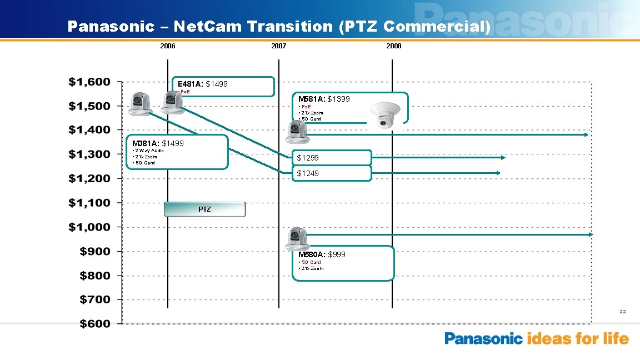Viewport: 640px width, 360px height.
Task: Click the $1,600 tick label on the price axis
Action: pyautogui.click(x=89, y=82)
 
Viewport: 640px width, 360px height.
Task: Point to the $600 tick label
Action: pyautogui.click(x=94, y=324)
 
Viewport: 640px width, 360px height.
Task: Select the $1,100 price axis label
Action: pyautogui.click(x=89, y=203)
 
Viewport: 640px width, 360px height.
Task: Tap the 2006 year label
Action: pyautogui.click(x=167, y=46)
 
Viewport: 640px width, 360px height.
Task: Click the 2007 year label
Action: pyautogui.click(x=278, y=46)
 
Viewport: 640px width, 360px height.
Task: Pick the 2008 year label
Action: pyautogui.click(x=393, y=46)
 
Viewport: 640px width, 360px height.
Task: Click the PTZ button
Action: pyautogui.click(x=204, y=209)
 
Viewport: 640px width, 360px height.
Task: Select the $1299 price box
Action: pyautogui.click(x=332, y=158)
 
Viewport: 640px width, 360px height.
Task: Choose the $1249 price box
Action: pyautogui.click(x=332, y=173)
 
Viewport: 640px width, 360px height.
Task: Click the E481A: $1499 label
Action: pyautogui.click(x=202, y=84)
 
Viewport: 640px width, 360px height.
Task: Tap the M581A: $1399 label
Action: pyautogui.click(x=324, y=99)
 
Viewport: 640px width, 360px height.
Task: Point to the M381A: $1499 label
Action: pyautogui.click(x=158, y=144)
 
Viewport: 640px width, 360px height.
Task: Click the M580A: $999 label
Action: pyautogui.click(x=322, y=254)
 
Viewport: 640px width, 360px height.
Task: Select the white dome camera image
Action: pyautogui.click(x=385, y=116)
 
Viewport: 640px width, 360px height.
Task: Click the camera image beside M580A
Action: pyautogui.click(x=297, y=238)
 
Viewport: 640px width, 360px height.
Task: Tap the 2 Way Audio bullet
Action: pyautogui.click(x=148, y=151)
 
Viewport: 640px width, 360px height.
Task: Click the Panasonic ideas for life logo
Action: pyautogui.click(x=536, y=339)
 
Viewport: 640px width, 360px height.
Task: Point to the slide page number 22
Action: pyautogui.click(x=623, y=312)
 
